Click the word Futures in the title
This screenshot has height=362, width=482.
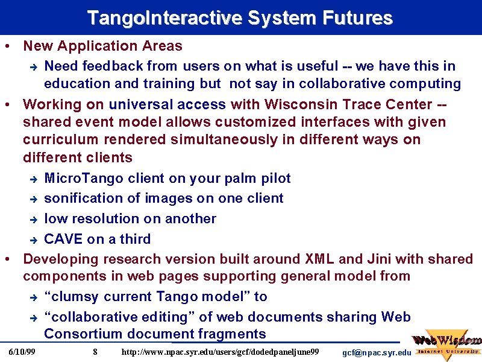coord(357,18)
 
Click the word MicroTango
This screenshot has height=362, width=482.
coord(84,178)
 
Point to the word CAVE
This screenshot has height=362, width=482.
coord(63,239)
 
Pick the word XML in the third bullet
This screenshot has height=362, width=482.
coord(319,259)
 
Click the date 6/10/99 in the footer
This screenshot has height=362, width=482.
coord(22,352)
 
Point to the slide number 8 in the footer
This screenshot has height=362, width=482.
coord(95,352)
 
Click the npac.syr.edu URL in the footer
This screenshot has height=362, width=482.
coord(220,352)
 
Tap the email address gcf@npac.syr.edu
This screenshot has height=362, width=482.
coord(377,353)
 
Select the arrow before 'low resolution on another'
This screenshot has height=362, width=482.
coord(34,220)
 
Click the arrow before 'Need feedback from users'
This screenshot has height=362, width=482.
coord(34,67)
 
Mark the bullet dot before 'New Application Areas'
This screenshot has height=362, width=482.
coord(7,46)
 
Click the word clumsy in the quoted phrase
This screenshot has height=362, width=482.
coord(74,297)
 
